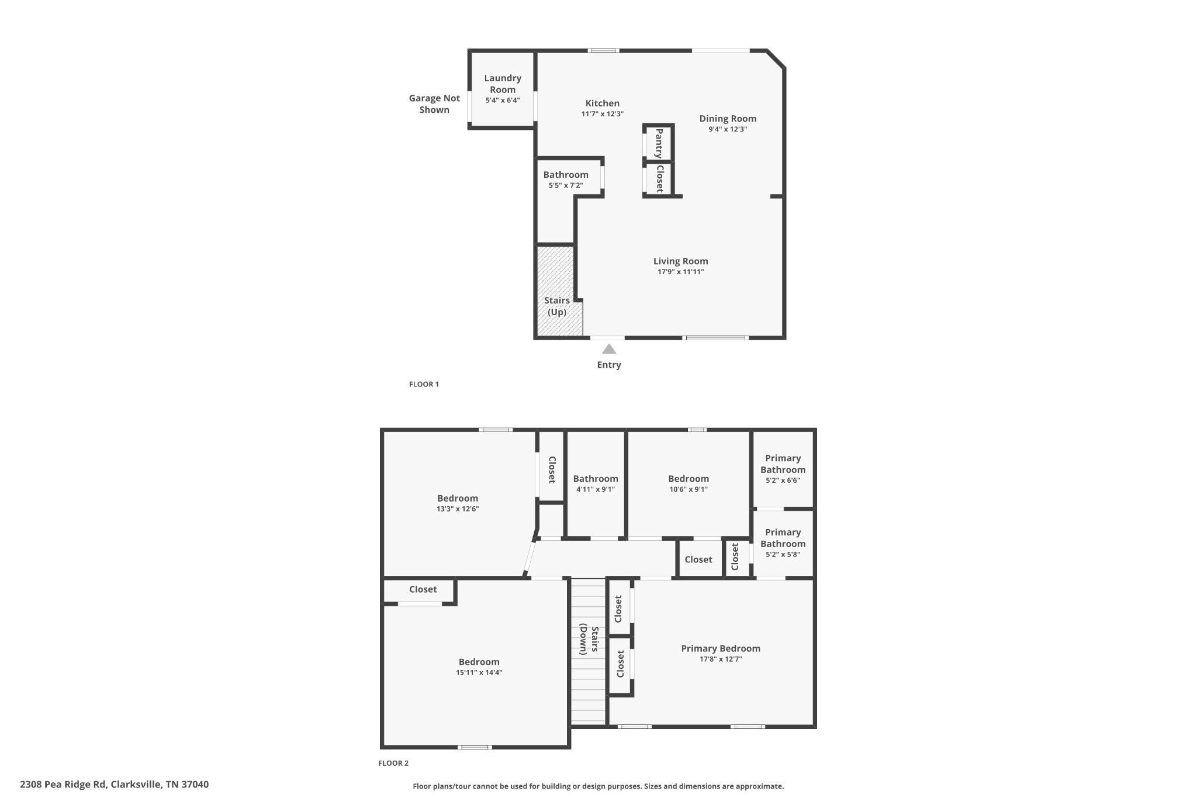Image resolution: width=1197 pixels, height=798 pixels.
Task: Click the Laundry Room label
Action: click(x=503, y=84)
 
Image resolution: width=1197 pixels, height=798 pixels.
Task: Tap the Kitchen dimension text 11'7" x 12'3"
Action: click(x=602, y=114)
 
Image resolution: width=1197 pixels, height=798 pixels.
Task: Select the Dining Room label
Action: click(x=728, y=119)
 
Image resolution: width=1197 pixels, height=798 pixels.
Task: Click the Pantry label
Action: click(x=659, y=143)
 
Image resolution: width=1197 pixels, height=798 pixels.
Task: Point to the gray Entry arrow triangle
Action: click(x=609, y=349)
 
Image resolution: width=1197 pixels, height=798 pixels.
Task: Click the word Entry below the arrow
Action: click(x=608, y=365)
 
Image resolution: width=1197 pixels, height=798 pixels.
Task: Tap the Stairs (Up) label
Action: click(x=557, y=306)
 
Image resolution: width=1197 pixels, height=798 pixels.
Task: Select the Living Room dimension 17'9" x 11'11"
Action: click(x=680, y=272)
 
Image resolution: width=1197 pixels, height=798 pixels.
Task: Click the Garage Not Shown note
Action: click(x=434, y=104)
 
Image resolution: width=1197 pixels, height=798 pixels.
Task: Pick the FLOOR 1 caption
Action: click(x=424, y=384)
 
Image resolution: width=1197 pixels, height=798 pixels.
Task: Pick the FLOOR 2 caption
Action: click(x=393, y=763)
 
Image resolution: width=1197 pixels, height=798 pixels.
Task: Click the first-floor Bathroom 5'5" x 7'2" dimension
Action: click(x=565, y=186)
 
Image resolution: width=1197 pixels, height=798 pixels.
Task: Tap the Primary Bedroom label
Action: click(x=720, y=648)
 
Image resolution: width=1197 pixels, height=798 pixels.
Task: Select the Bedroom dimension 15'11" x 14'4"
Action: click(x=479, y=673)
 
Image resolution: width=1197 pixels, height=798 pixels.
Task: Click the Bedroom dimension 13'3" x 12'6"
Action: click(x=458, y=509)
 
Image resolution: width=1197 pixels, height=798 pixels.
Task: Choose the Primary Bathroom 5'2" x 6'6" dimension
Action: click(x=783, y=481)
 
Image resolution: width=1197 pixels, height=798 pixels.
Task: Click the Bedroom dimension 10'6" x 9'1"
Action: click(x=689, y=489)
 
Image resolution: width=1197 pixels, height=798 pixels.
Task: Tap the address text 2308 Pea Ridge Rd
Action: click(x=63, y=785)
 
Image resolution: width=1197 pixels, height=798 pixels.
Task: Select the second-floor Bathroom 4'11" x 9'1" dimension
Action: click(x=595, y=489)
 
